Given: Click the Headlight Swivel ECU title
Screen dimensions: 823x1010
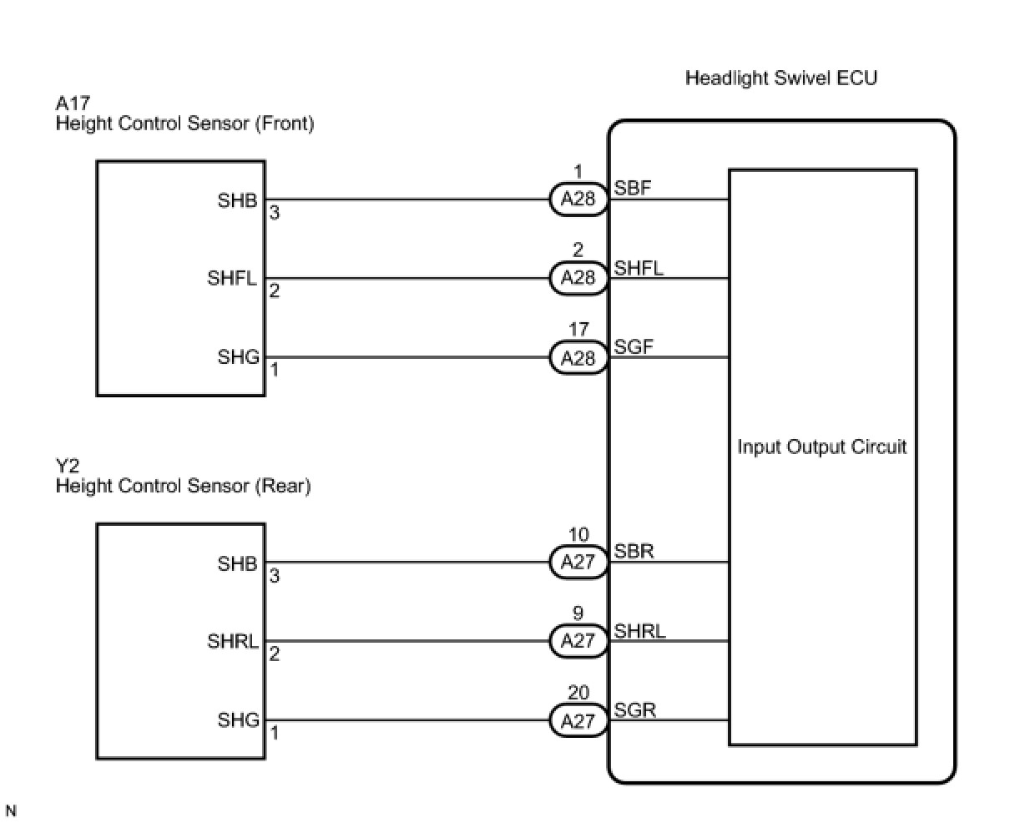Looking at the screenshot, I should click(x=780, y=78).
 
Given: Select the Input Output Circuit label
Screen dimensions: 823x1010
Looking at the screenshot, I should click(x=821, y=447).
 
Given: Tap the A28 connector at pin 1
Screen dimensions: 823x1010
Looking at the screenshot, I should click(x=578, y=199).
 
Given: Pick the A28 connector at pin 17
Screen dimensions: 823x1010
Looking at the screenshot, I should click(x=578, y=358).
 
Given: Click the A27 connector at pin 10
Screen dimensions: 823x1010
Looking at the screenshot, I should click(x=578, y=563).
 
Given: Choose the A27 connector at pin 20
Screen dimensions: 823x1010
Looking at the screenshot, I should click(x=578, y=721).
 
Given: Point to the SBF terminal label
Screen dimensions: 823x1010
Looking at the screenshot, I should click(x=632, y=189).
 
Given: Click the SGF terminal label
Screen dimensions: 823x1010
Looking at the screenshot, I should click(x=633, y=347).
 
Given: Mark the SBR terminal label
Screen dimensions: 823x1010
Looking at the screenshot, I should click(x=634, y=552).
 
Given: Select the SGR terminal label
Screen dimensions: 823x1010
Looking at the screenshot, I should click(x=634, y=710).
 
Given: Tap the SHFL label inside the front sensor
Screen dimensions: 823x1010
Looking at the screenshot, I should click(x=232, y=279).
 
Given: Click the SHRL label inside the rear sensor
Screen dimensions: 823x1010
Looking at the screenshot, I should click(x=232, y=642).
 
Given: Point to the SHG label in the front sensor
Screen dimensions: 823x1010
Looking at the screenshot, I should click(x=239, y=357).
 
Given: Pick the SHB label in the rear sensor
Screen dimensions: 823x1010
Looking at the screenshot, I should click(x=239, y=563).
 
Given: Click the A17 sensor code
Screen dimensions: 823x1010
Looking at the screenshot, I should click(x=72, y=104).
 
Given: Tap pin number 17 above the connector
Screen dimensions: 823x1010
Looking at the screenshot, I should click(x=578, y=331).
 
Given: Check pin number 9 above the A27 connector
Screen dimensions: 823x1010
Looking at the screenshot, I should click(x=578, y=614).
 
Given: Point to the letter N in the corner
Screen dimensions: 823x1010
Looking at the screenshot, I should click(x=11, y=810).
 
